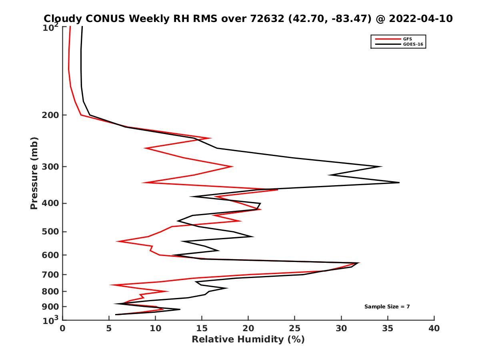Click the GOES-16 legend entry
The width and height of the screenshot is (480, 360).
click(x=412, y=44)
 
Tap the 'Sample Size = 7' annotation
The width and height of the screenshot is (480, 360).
click(x=387, y=307)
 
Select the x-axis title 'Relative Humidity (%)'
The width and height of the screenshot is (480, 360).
click(x=248, y=340)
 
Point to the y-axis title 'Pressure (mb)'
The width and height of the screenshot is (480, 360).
click(x=34, y=173)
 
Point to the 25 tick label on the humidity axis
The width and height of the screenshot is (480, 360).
click(x=295, y=329)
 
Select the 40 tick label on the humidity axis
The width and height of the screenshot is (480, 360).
click(x=434, y=329)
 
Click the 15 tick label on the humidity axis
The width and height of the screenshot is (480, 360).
click(x=202, y=329)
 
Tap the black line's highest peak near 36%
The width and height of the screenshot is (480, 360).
click(x=399, y=182)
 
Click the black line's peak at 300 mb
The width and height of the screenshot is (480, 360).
click(x=382, y=166)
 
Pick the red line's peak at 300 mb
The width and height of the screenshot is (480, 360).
click(x=232, y=166)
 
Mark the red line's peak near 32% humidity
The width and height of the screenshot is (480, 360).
click(x=359, y=263)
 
